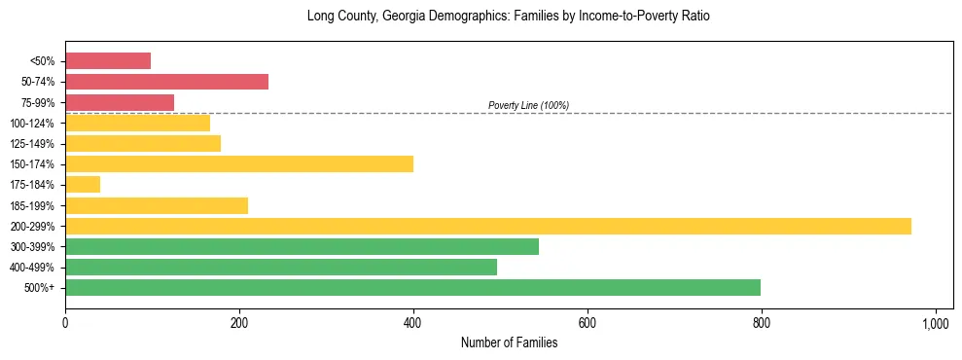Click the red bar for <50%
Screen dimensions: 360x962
108,61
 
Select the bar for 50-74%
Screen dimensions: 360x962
166,82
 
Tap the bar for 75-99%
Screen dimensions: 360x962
120,102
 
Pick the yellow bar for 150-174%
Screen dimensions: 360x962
239,163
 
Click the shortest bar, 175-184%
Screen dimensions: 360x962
83,184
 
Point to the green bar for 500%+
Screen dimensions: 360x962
412,287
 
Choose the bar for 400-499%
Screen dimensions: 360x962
281,267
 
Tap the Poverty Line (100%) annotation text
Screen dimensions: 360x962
528,105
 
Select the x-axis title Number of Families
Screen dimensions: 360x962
509,342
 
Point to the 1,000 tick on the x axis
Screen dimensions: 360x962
935,321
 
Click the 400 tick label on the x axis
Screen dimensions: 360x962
413,321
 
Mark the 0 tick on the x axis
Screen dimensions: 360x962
65,321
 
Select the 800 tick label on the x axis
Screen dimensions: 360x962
762,321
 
